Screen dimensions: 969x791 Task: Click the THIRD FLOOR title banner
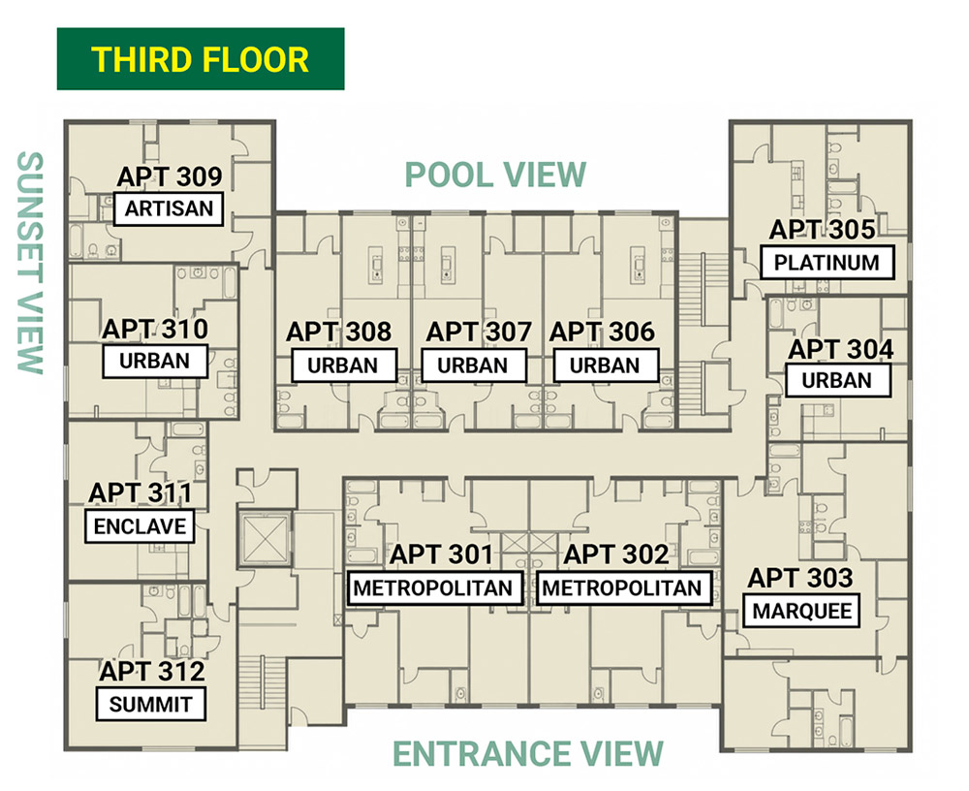click(x=201, y=59)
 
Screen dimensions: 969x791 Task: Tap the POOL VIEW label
click(x=495, y=175)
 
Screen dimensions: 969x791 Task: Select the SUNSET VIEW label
click(x=30, y=263)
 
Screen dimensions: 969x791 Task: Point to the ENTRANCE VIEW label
click(x=528, y=754)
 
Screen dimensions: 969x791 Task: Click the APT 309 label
click(x=170, y=176)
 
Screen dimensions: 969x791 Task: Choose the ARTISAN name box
click(x=169, y=209)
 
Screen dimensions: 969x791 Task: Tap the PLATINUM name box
click(x=827, y=263)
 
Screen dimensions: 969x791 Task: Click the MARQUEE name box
click(x=801, y=611)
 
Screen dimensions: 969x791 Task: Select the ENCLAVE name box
click(x=140, y=526)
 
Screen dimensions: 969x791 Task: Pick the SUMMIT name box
click(x=151, y=704)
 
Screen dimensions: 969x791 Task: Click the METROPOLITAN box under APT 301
click(x=434, y=588)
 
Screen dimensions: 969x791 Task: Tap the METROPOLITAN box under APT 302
click(x=623, y=588)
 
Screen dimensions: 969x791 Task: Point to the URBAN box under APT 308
click(x=343, y=365)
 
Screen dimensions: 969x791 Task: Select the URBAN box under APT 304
click(x=838, y=380)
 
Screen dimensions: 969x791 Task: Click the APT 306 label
click(x=602, y=332)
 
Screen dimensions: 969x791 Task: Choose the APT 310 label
click(x=155, y=329)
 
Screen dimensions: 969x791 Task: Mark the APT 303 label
click(x=800, y=579)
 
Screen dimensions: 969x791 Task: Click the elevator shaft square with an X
click(x=266, y=538)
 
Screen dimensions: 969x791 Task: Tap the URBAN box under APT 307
click(x=474, y=365)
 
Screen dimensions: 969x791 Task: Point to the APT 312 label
click(x=152, y=672)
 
